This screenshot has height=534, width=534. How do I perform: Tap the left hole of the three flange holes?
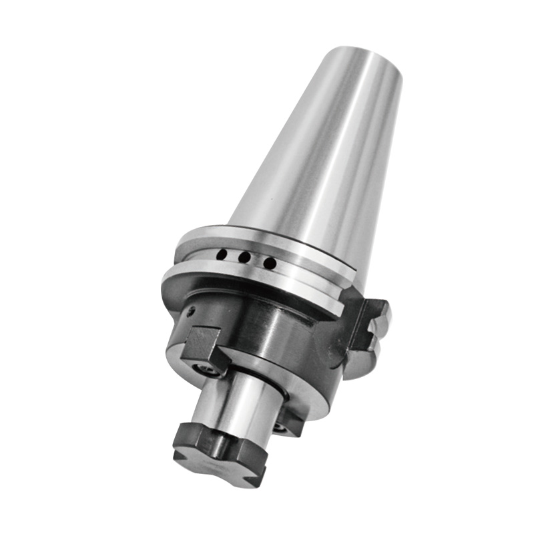[223, 254]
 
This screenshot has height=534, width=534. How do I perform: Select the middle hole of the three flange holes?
[245, 258]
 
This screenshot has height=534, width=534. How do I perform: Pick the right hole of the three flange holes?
[269, 264]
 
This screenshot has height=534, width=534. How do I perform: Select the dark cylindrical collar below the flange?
[267, 327]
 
